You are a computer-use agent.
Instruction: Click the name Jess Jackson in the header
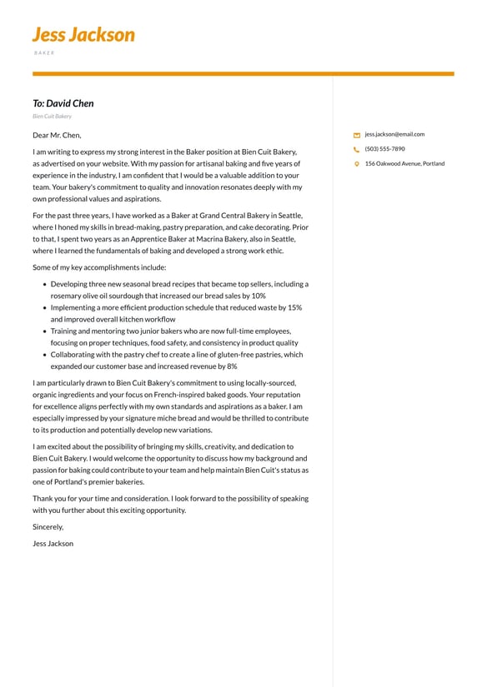click(x=83, y=35)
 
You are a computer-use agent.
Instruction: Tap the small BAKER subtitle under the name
click(x=44, y=52)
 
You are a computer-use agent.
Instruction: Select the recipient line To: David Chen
click(x=63, y=103)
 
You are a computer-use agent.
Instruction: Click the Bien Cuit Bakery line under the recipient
click(x=52, y=117)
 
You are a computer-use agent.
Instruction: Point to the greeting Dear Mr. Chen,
click(x=57, y=135)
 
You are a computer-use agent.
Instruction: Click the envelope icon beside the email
click(x=357, y=135)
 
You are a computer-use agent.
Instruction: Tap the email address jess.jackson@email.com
click(x=394, y=134)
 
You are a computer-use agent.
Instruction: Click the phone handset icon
click(x=357, y=150)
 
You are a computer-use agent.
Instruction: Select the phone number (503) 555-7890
click(x=384, y=149)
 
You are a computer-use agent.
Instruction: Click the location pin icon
click(x=357, y=164)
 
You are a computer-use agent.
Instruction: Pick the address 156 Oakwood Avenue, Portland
click(x=404, y=164)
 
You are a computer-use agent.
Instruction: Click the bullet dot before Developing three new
click(x=43, y=284)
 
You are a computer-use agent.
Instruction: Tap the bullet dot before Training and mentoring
click(x=43, y=331)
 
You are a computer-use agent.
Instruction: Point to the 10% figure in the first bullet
click(x=259, y=296)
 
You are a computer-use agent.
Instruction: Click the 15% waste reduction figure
click(x=293, y=307)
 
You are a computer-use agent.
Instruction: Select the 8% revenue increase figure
click(x=231, y=366)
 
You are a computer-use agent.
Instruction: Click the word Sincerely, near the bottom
click(x=48, y=527)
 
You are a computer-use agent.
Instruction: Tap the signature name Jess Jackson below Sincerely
click(x=53, y=544)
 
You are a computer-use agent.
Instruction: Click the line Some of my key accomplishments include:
click(x=99, y=267)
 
